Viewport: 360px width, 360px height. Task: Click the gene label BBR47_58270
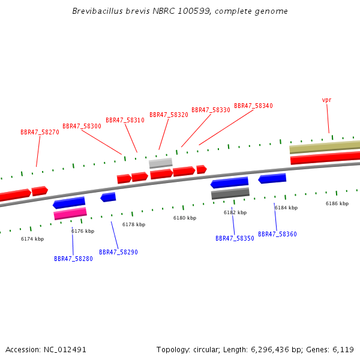pyautogui.click(x=40, y=132)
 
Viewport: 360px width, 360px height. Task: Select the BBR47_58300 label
pyautogui.click(x=82, y=126)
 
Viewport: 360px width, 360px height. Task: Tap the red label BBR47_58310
pyautogui.click(x=125, y=120)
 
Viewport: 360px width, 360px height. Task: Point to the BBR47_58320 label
pyautogui.click(x=169, y=115)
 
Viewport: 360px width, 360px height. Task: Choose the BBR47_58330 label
pyautogui.click(x=211, y=110)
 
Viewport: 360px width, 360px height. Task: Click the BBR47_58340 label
pyautogui.click(x=253, y=106)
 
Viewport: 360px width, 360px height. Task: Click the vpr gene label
pyautogui.click(x=326, y=100)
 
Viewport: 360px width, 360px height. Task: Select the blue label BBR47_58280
pyautogui.click(x=73, y=259)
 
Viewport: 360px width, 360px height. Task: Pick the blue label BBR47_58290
pyautogui.click(x=118, y=252)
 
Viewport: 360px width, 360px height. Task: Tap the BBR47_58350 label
pyautogui.click(x=235, y=238)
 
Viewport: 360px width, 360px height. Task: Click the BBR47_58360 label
pyautogui.click(x=277, y=234)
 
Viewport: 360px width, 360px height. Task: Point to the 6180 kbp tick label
pyautogui.click(x=184, y=218)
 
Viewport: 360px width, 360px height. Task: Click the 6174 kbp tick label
pyautogui.click(x=32, y=239)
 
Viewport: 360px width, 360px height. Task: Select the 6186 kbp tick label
pyautogui.click(x=337, y=203)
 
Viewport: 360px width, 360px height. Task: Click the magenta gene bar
pyautogui.click(x=70, y=213)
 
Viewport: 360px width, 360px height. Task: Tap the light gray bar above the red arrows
pyautogui.click(x=160, y=163)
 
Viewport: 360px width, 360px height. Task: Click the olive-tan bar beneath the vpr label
pyautogui.click(x=324, y=148)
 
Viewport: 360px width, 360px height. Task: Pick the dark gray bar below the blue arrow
pyautogui.click(x=230, y=193)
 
